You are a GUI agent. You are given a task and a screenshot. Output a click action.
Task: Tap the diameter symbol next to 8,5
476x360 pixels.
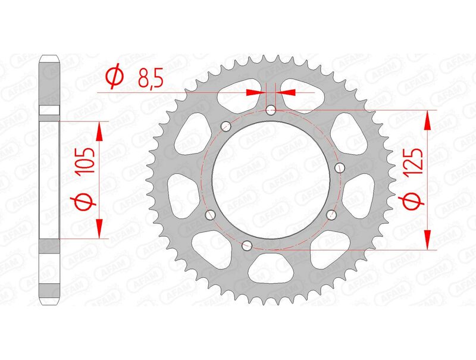pos(114,77)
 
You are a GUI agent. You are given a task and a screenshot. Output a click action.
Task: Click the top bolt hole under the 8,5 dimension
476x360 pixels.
pos(271,110)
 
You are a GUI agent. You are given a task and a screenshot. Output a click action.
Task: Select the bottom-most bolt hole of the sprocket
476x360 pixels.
pos(246,243)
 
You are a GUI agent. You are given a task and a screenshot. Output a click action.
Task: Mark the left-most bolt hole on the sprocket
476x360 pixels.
pos(209,215)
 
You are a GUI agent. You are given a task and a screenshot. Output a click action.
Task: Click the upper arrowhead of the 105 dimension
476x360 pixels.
pos(99,131)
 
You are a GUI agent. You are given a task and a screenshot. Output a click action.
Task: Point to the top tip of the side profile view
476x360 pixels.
pos(50,57)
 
